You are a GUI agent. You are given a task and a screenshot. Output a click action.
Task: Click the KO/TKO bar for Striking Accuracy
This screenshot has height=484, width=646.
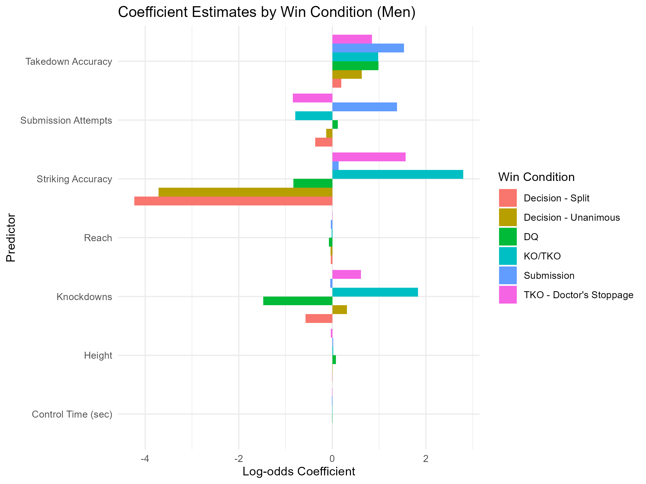point(398,175)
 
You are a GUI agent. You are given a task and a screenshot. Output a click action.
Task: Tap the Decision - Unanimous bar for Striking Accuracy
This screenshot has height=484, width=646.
point(245,192)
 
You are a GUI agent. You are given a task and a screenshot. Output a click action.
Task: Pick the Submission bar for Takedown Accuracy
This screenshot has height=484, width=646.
point(368,48)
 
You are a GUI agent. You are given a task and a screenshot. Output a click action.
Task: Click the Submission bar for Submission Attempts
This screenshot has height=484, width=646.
point(364,107)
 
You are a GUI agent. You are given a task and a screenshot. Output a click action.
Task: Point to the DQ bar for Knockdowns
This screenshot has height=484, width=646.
point(298,301)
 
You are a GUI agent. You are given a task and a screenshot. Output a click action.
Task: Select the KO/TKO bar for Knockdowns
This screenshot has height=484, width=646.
point(375,292)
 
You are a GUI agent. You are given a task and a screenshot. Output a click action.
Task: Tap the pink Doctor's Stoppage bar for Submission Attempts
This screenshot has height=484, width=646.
point(313,98)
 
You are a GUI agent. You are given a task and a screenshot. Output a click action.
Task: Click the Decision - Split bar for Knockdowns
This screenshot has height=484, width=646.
point(319,319)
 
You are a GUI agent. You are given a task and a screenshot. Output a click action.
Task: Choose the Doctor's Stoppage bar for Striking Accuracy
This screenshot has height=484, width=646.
point(369,157)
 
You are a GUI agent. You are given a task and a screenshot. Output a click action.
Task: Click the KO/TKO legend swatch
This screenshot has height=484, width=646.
point(508,256)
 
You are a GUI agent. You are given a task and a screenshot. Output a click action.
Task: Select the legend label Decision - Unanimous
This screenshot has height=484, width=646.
point(571,217)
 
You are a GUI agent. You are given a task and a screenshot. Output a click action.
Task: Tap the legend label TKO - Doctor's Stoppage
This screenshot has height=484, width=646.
point(578,295)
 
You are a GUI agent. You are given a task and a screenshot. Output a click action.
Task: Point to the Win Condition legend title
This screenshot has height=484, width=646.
point(536,177)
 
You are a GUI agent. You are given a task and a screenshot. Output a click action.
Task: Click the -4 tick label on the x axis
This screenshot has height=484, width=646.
point(145,459)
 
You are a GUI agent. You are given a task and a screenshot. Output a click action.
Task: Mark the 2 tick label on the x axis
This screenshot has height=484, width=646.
point(426,459)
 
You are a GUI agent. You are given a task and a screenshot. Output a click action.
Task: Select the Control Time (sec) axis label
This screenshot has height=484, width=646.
point(72,414)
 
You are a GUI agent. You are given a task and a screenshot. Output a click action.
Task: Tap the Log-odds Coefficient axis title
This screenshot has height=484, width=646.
point(299,472)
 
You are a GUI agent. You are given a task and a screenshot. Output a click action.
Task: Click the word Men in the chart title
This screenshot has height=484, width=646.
point(396,12)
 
